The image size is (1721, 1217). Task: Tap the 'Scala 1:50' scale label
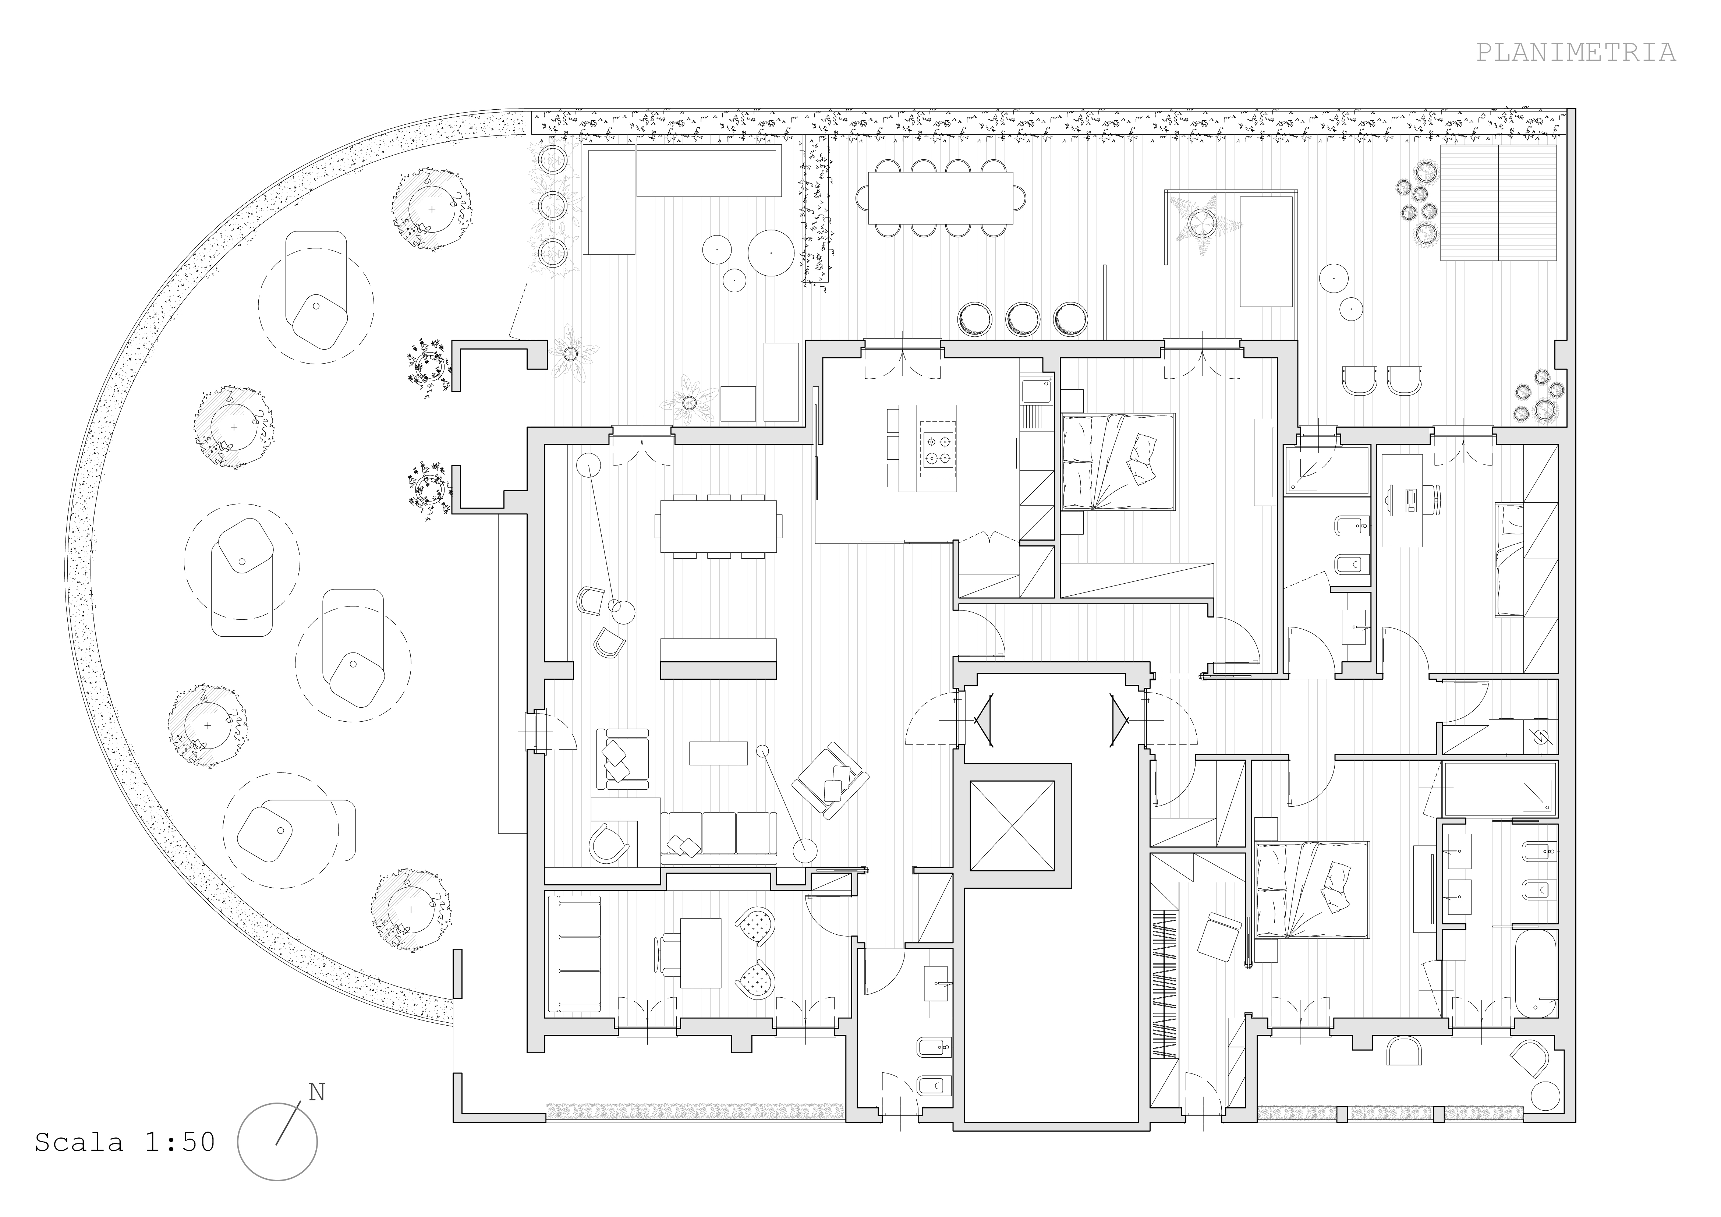[124, 1142]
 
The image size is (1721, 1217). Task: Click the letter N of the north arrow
[317, 1093]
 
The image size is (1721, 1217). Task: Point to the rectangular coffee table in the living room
[718, 753]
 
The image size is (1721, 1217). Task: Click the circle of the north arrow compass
[277, 1142]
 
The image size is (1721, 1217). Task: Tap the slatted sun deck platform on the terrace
[1498, 203]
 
